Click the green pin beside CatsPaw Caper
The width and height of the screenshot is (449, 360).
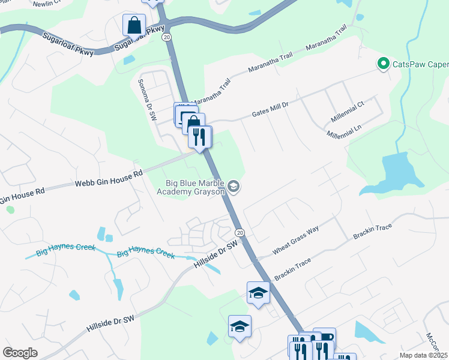pyautogui.click(x=382, y=63)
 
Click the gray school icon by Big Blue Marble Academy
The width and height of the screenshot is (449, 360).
pyautogui.click(x=234, y=188)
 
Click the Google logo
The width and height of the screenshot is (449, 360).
pyautogui.click(x=20, y=353)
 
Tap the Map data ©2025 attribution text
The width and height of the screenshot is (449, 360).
pyautogui.click(x=424, y=355)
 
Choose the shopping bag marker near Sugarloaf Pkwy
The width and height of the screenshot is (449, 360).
pyautogui.click(x=134, y=25)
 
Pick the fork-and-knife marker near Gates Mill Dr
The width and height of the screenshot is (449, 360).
pyautogui.click(x=200, y=137)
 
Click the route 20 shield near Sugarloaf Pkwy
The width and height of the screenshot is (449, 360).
pyautogui.click(x=166, y=37)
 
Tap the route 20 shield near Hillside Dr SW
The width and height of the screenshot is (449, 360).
pyautogui.click(x=240, y=232)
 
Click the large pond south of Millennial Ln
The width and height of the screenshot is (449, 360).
pyautogui.click(x=396, y=171)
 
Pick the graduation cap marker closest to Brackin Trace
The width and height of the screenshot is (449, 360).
pyautogui.click(x=258, y=293)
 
